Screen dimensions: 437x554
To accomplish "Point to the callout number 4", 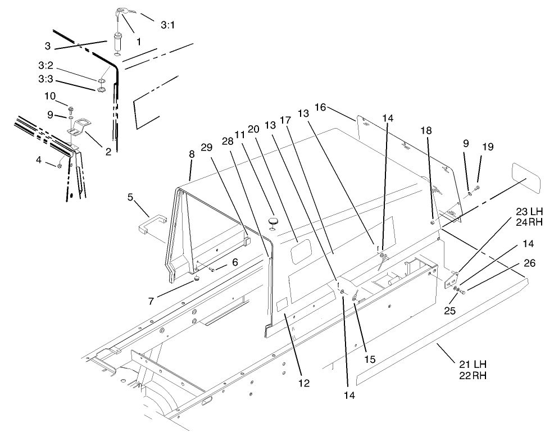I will (38, 160).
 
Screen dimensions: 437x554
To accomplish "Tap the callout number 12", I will (304, 384).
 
